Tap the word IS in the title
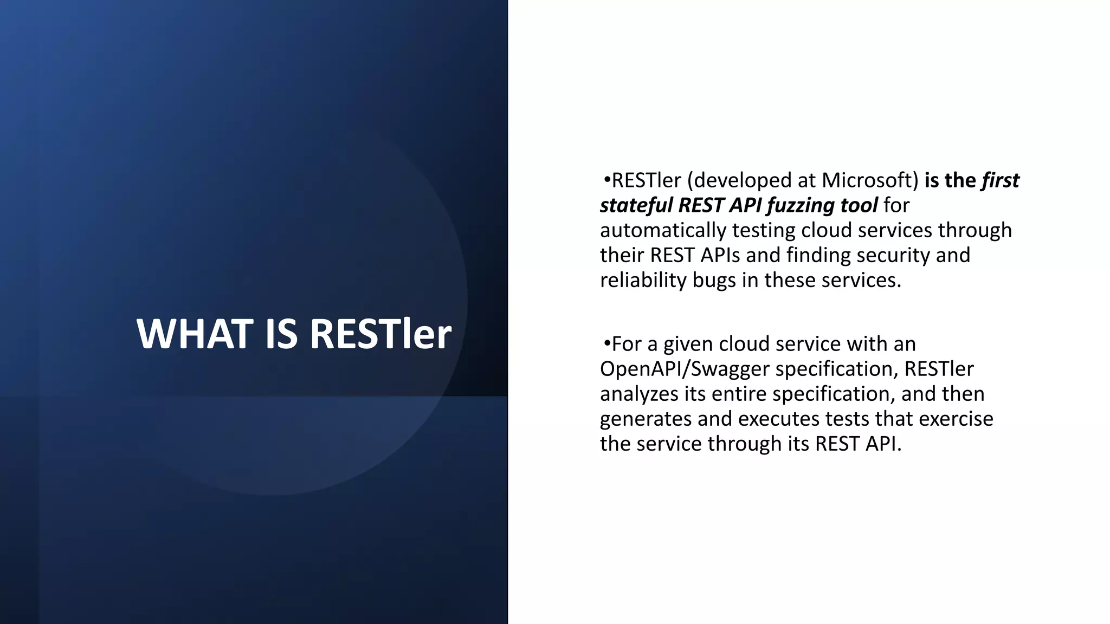pyautogui.click(x=281, y=334)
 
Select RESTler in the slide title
pyautogui.click(x=380, y=334)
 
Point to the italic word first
pyautogui.click(x=1001, y=180)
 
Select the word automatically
pyautogui.click(x=663, y=231)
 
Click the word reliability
pyautogui.click(x=643, y=281)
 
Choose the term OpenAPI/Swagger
pyautogui.click(x=685, y=369)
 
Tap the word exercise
pyautogui.click(x=956, y=419)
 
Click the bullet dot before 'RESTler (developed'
pyautogui.click(x=607, y=179)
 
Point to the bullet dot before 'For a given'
pyautogui.click(x=607, y=343)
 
